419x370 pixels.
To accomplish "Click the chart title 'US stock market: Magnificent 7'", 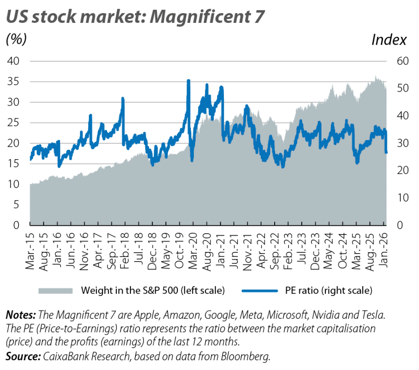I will point(135,17).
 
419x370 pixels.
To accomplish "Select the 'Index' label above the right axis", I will point(389,40).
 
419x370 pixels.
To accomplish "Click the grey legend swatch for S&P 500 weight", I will point(55,291).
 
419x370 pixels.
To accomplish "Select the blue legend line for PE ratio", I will point(259,291).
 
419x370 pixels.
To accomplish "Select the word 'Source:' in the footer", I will point(22,357).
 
